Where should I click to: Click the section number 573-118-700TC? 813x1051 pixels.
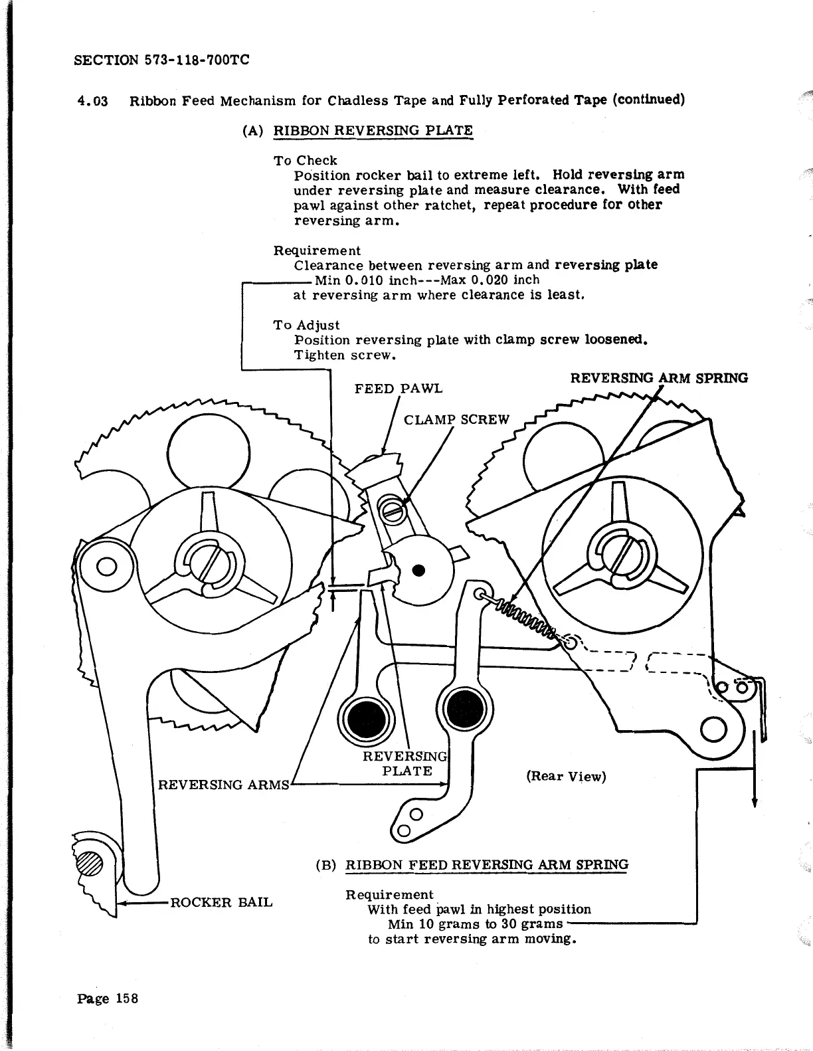point(196,60)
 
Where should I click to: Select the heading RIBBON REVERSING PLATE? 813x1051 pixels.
point(373,130)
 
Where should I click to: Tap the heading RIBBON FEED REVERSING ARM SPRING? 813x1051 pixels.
point(487,864)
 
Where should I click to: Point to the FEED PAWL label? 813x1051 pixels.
point(398,388)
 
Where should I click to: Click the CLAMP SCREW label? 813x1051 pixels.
point(456,419)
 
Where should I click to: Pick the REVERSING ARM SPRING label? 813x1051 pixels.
point(659,378)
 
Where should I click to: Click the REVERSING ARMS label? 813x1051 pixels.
point(223,785)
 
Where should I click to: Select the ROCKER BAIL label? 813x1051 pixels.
point(222,902)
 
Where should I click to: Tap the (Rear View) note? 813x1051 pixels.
point(566,776)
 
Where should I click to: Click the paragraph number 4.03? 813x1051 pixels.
point(92,101)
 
